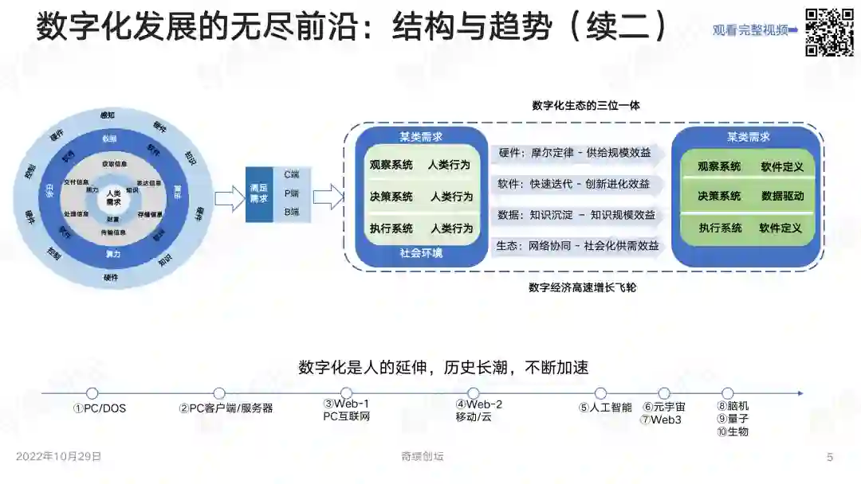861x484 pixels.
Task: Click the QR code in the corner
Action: point(829,31)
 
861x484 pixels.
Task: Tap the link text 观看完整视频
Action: point(750,30)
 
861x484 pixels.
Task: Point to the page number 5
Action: point(830,457)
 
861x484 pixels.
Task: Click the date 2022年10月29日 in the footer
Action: point(59,457)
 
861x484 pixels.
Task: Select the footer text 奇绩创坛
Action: point(423,457)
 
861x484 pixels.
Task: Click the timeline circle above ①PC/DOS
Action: point(92,393)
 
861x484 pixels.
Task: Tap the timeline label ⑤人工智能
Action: point(605,408)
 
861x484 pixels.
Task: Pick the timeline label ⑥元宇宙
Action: point(664,407)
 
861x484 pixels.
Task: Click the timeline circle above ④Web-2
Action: point(473,393)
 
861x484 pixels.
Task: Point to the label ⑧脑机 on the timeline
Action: point(733,406)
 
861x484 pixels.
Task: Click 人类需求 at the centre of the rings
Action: point(113,197)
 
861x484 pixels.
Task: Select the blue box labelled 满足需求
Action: point(258,193)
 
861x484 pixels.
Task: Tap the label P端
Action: point(292,193)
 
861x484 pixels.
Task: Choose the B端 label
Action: point(292,213)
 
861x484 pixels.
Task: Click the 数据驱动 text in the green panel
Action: point(782,196)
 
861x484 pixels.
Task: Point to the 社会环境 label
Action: point(421,253)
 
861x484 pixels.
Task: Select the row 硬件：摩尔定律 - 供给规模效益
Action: point(574,153)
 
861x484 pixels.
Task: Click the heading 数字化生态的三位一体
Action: point(585,105)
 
